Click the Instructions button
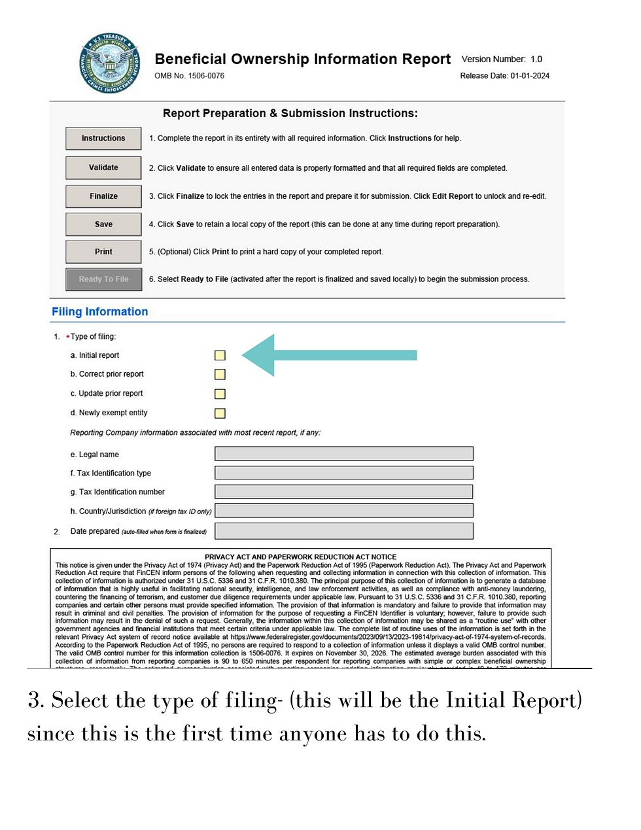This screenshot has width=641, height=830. tap(103, 139)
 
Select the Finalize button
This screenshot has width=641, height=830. tap(103, 196)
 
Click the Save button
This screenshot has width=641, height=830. tap(103, 224)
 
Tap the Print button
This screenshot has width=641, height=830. tap(103, 252)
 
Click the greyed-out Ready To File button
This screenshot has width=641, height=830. tap(103, 279)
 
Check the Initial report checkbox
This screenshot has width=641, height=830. tap(220, 355)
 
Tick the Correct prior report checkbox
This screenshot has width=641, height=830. tap(220, 374)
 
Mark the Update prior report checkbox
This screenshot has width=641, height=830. tap(220, 394)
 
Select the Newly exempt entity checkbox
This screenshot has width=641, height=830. tap(220, 413)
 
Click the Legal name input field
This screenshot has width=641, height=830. tap(343, 454)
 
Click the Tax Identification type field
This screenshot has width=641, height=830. tap(343, 473)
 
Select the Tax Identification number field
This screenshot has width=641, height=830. tap(343, 492)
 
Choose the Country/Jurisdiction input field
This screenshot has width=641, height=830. tap(343, 511)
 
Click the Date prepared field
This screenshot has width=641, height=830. tap(343, 531)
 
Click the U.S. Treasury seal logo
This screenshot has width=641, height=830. tap(109, 63)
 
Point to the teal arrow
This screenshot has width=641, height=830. tap(327, 355)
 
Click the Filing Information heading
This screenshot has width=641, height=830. tap(100, 312)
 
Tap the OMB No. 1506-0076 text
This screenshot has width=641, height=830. tap(189, 76)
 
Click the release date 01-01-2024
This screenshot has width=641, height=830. tap(530, 76)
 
